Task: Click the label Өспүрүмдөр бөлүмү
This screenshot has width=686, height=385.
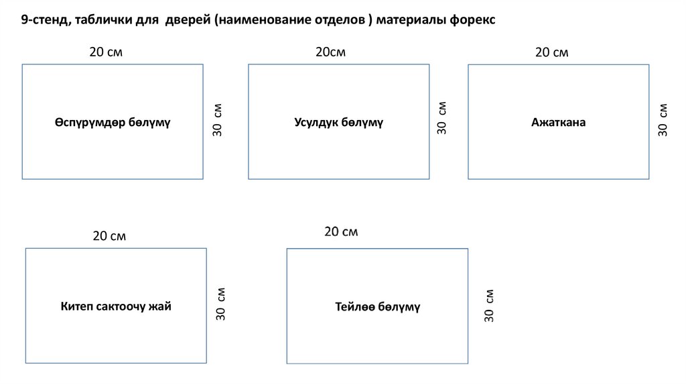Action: pos(113,123)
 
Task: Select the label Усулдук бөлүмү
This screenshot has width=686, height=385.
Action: pos(338,123)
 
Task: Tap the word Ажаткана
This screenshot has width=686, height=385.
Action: pos(558,123)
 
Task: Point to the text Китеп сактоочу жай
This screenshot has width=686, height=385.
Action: pos(116,307)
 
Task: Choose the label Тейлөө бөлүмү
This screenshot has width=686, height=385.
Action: pos(377,307)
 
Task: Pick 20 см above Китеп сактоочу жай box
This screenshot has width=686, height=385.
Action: pos(109,236)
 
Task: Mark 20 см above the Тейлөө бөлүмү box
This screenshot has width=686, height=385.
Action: pos(341,232)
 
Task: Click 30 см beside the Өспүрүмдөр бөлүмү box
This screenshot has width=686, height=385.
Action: pos(218,121)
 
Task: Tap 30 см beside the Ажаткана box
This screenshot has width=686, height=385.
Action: pos(663,120)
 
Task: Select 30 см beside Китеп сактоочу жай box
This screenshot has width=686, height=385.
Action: pos(221,304)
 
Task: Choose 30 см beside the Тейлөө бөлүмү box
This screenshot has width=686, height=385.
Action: pos(490,306)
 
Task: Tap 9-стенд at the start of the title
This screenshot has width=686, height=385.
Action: pos(44,20)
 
